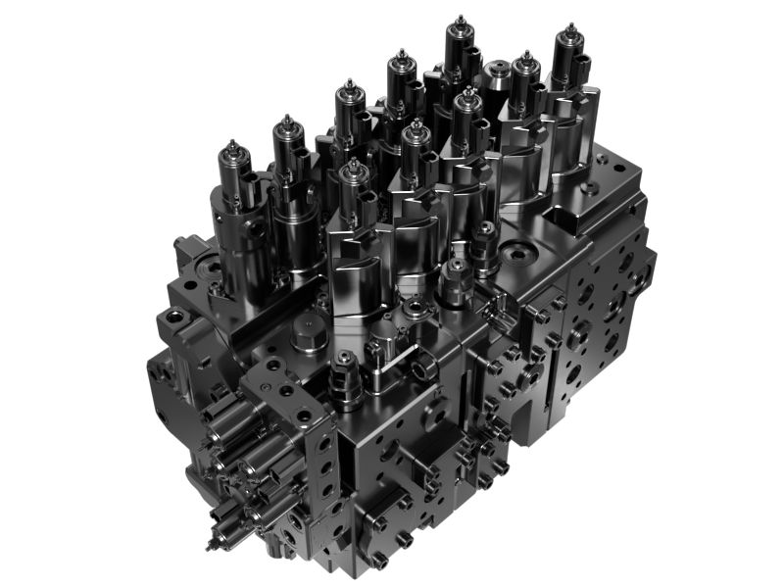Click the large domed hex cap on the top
306,339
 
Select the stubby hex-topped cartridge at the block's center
453,282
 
